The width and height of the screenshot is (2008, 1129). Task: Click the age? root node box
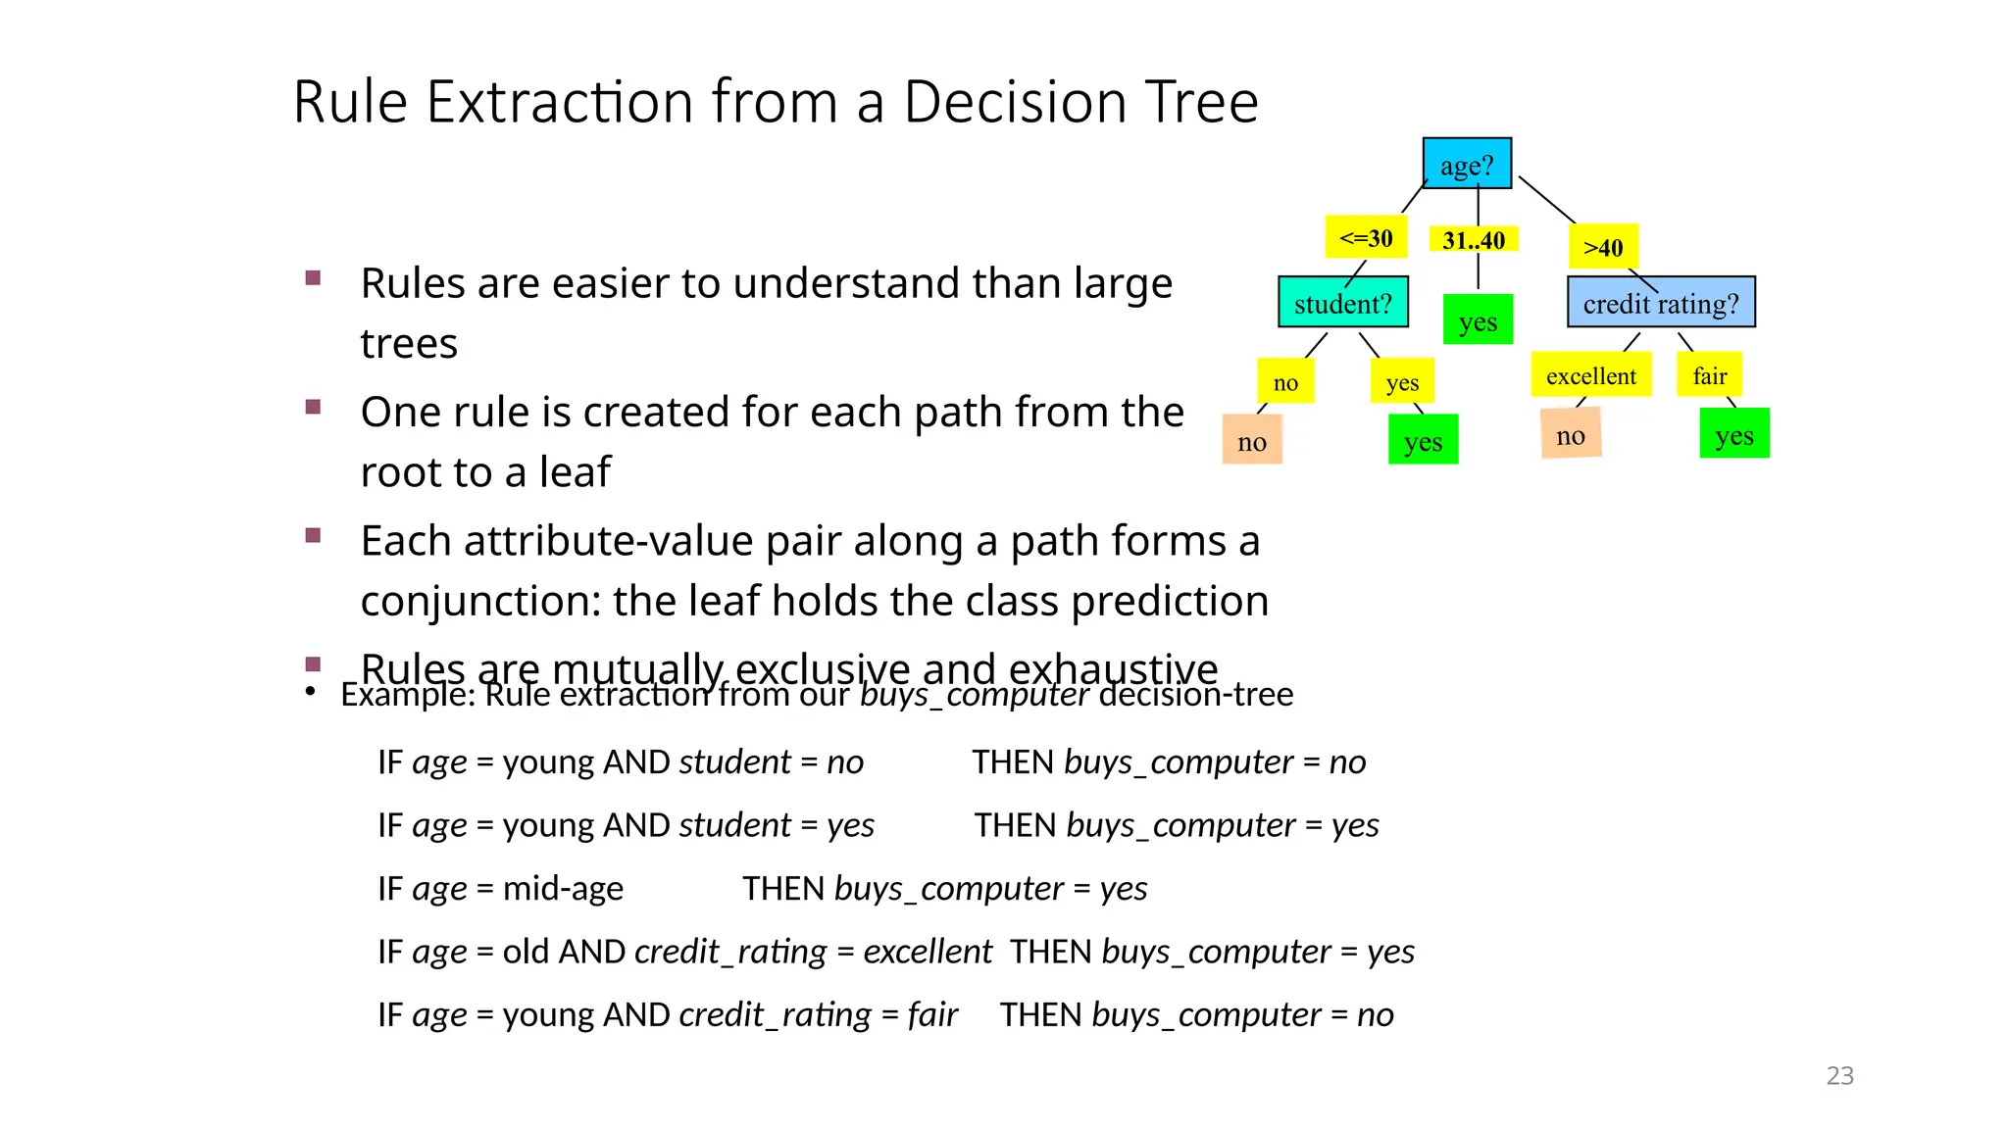(1467, 164)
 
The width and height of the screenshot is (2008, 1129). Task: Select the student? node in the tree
(1342, 303)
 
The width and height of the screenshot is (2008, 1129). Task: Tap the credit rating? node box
(1661, 303)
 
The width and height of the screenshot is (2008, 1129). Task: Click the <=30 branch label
(1366, 238)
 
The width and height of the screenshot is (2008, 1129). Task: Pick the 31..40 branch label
(1474, 240)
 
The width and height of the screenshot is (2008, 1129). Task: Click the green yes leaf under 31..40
(1478, 320)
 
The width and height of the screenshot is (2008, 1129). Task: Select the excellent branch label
(1590, 375)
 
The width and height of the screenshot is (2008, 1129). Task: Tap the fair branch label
(1709, 375)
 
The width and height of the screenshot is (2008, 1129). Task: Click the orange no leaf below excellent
(1571, 436)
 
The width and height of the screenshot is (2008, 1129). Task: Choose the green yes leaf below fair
(1733, 434)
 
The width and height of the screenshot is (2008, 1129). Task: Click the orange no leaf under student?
(1252, 441)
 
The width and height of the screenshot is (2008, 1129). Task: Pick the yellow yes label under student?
(1402, 382)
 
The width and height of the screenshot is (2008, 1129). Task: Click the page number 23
(1839, 1076)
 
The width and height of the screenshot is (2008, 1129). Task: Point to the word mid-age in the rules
(563, 889)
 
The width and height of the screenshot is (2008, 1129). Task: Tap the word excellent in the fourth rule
(928, 952)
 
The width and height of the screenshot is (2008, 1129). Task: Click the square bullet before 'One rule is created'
(314, 408)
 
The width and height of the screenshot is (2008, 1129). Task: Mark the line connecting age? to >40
(1547, 200)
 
